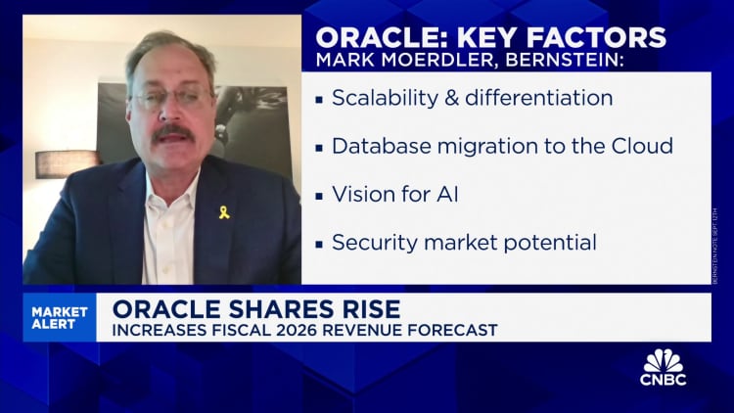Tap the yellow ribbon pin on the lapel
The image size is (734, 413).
click(x=223, y=211)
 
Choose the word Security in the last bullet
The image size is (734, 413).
click(x=372, y=241)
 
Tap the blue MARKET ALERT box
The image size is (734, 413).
click(x=60, y=318)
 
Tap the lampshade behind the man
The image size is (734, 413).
click(x=68, y=163)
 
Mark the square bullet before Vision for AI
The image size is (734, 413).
click(x=319, y=195)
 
